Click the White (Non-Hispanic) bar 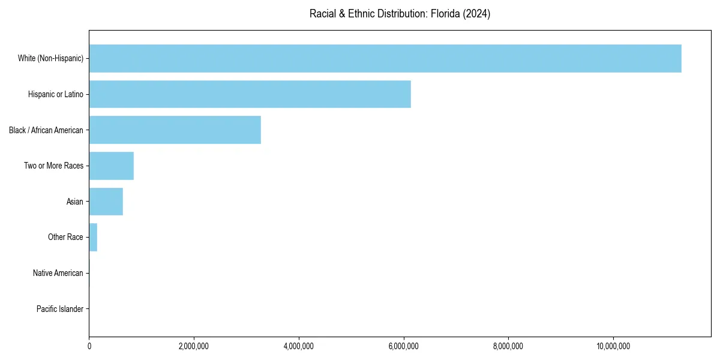(385, 58)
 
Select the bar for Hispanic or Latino (250, 94)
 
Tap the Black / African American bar (175, 130)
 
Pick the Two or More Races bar (111, 166)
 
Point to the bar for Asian (106, 202)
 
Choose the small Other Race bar (93, 237)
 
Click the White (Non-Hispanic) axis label (50, 58)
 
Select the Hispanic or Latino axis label (55, 94)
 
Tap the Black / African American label (46, 130)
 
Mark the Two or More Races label (53, 166)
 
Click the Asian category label (74, 202)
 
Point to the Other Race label (65, 237)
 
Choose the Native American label (58, 273)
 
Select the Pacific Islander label (59, 309)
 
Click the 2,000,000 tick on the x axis (194, 346)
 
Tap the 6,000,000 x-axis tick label (404, 346)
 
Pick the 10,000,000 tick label (613, 346)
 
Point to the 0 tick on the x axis (89, 346)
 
